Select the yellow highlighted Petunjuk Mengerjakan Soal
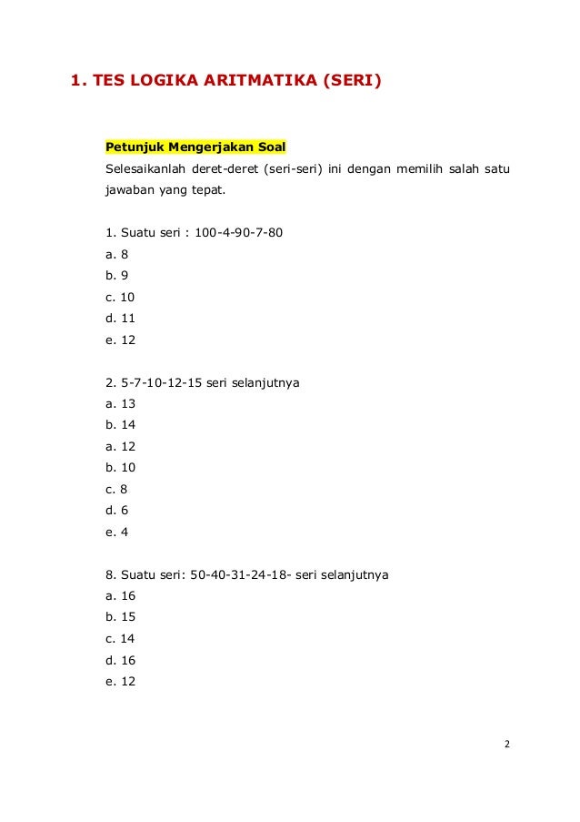point(195,147)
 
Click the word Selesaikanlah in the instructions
point(147,170)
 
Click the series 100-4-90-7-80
point(238,232)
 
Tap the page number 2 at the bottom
point(506,746)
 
